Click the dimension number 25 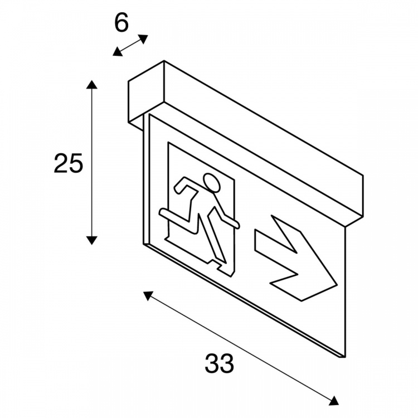click(x=69, y=163)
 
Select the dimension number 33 click(x=219, y=363)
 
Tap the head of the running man click(x=212, y=183)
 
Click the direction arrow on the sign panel click(x=296, y=258)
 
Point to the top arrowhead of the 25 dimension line click(x=91, y=84)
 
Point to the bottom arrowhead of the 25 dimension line click(x=91, y=240)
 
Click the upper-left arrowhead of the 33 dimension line click(x=148, y=295)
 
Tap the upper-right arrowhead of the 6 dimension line click(x=143, y=39)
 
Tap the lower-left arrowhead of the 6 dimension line click(x=117, y=52)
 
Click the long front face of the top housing click(x=264, y=144)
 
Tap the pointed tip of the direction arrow click(x=337, y=285)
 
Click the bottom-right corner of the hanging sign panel click(x=345, y=357)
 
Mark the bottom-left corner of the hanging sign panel click(x=144, y=244)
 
